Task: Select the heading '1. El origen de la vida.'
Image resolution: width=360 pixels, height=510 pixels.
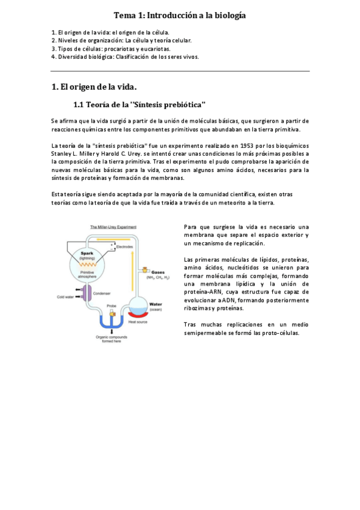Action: click(94, 87)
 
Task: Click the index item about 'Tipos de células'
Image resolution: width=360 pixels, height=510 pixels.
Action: click(111, 49)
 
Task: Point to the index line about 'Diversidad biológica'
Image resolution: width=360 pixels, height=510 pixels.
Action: click(125, 57)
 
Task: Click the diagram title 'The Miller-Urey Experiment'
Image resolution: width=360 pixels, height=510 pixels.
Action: click(113, 227)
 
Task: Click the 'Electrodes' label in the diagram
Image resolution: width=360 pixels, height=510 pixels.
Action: click(124, 247)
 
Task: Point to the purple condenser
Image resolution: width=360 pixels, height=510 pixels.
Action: click(87, 293)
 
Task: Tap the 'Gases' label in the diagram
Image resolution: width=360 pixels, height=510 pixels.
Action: click(159, 272)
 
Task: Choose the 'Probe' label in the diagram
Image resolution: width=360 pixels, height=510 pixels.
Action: click(111, 306)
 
